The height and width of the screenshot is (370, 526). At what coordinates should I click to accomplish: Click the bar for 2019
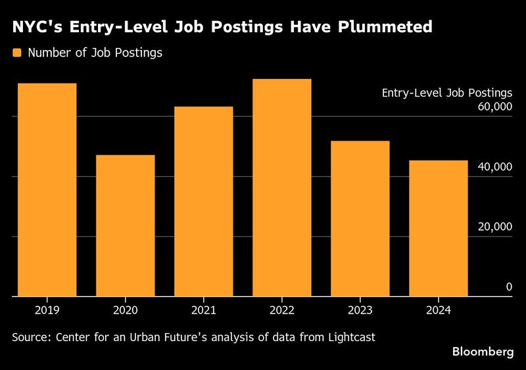click(47, 190)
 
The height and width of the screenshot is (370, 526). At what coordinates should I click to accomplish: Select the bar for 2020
click(126, 226)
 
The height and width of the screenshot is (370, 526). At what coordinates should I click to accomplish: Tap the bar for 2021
click(204, 202)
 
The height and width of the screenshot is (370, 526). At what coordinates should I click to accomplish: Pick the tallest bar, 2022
click(282, 188)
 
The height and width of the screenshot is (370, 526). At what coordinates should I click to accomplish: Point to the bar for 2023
click(360, 219)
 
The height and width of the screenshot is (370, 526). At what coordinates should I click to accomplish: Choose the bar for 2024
click(439, 229)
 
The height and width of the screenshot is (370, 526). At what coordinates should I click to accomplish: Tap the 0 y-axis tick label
click(509, 287)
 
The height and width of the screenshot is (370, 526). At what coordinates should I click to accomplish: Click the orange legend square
click(18, 53)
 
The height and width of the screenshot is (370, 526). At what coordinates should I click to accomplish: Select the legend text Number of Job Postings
click(95, 53)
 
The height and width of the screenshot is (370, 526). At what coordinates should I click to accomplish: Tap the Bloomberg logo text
click(483, 352)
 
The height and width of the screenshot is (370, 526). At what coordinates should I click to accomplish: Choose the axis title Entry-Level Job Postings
click(446, 93)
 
